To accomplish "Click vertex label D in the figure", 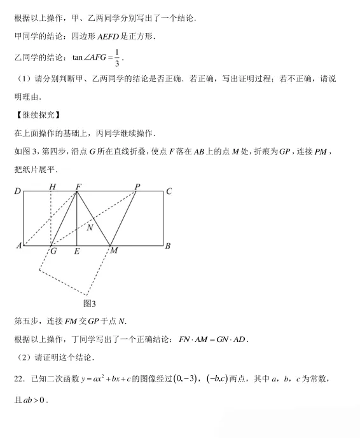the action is click(x=18, y=191).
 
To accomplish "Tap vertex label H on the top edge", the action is click(x=52, y=187).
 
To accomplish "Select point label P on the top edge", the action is click(x=137, y=187).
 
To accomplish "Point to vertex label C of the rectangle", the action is click(x=169, y=191).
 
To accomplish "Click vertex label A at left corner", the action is click(x=18, y=245).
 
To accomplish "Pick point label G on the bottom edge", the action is click(x=53, y=251).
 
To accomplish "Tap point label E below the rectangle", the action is click(x=76, y=252).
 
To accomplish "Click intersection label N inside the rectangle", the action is click(x=90, y=227).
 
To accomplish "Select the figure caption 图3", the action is click(x=90, y=303).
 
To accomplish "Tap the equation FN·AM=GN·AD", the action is click(x=212, y=340).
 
